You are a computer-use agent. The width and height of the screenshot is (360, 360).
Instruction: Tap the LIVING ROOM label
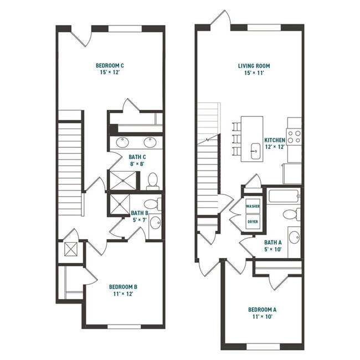[x=254, y=66]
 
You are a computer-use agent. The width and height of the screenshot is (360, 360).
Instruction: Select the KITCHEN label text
[x=275, y=140]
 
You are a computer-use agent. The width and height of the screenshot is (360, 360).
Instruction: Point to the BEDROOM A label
[x=261, y=309]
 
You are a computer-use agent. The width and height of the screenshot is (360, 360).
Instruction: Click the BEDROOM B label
[x=123, y=286]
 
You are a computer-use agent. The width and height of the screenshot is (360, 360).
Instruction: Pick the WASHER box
[x=253, y=207]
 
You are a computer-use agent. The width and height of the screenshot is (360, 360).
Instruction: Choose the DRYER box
[x=253, y=221]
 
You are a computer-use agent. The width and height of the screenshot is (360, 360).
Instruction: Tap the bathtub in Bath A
[x=283, y=196]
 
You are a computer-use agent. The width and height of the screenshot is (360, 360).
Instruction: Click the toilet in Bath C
[x=153, y=181]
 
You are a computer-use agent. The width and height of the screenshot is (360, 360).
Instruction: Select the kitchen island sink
[x=255, y=150]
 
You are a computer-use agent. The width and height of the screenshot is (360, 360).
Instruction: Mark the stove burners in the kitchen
[x=294, y=137]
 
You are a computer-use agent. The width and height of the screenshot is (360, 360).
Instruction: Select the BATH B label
[x=139, y=213]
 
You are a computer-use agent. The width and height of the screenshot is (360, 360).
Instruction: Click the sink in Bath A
[x=293, y=236]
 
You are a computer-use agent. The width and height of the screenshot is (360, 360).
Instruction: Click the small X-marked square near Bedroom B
[x=71, y=249]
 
